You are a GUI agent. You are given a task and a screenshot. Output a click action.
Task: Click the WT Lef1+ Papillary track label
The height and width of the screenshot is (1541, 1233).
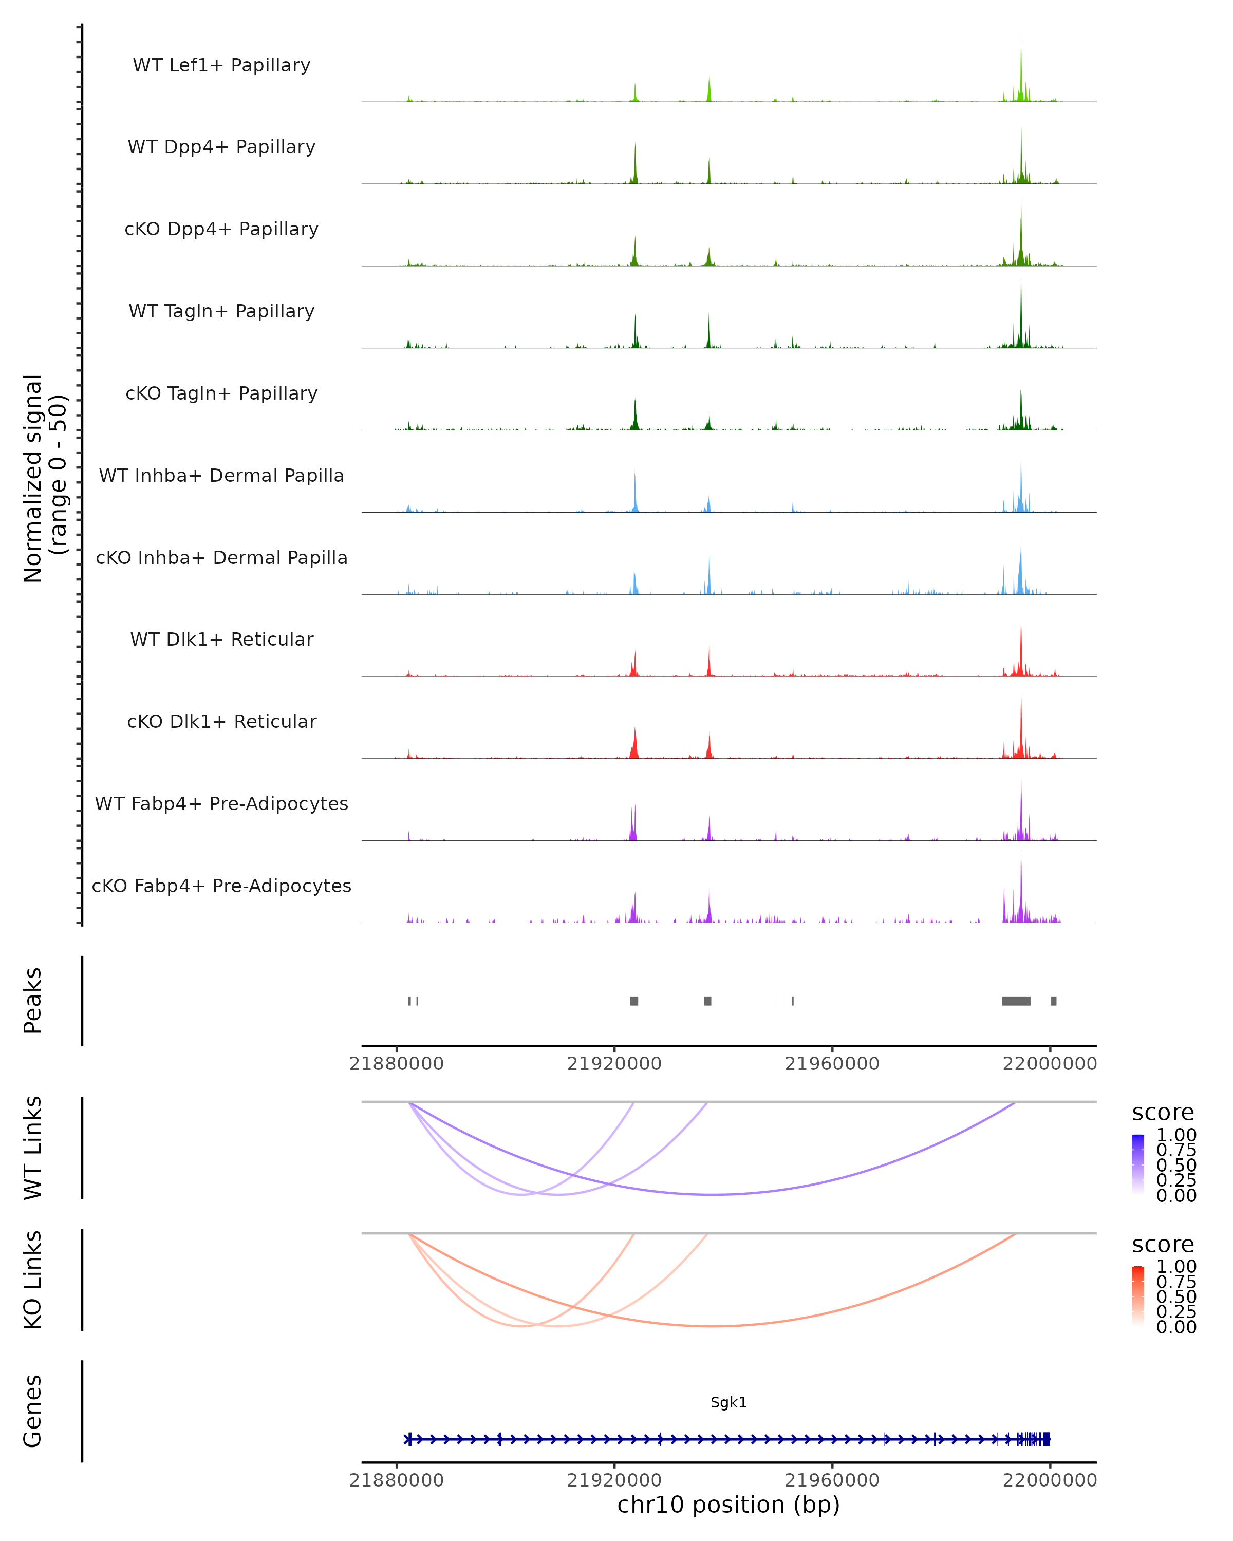point(221,65)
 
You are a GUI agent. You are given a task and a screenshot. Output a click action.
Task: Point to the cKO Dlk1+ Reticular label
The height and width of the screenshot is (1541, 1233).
point(221,721)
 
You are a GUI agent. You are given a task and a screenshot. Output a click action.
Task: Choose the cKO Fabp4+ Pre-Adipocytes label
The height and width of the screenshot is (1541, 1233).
point(221,886)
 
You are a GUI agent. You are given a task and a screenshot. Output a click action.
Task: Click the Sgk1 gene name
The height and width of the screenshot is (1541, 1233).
point(728,1402)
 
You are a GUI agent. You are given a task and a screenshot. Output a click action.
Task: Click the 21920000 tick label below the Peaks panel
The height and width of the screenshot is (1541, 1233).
point(614,1064)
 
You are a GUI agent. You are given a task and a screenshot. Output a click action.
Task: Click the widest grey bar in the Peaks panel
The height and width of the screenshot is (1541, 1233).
point(1016,1001)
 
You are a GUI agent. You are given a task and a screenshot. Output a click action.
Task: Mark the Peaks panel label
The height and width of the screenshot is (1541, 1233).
point(33,1001)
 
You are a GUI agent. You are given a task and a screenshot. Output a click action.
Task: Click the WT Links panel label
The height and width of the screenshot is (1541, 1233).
point(33,1148)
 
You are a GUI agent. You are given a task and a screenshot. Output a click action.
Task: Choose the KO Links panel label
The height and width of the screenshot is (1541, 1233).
point(33,1280)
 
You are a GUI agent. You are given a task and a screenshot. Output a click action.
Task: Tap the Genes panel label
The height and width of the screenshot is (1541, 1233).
point(33,1411)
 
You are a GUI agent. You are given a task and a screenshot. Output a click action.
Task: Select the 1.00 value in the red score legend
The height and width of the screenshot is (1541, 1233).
point(1176,1267)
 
